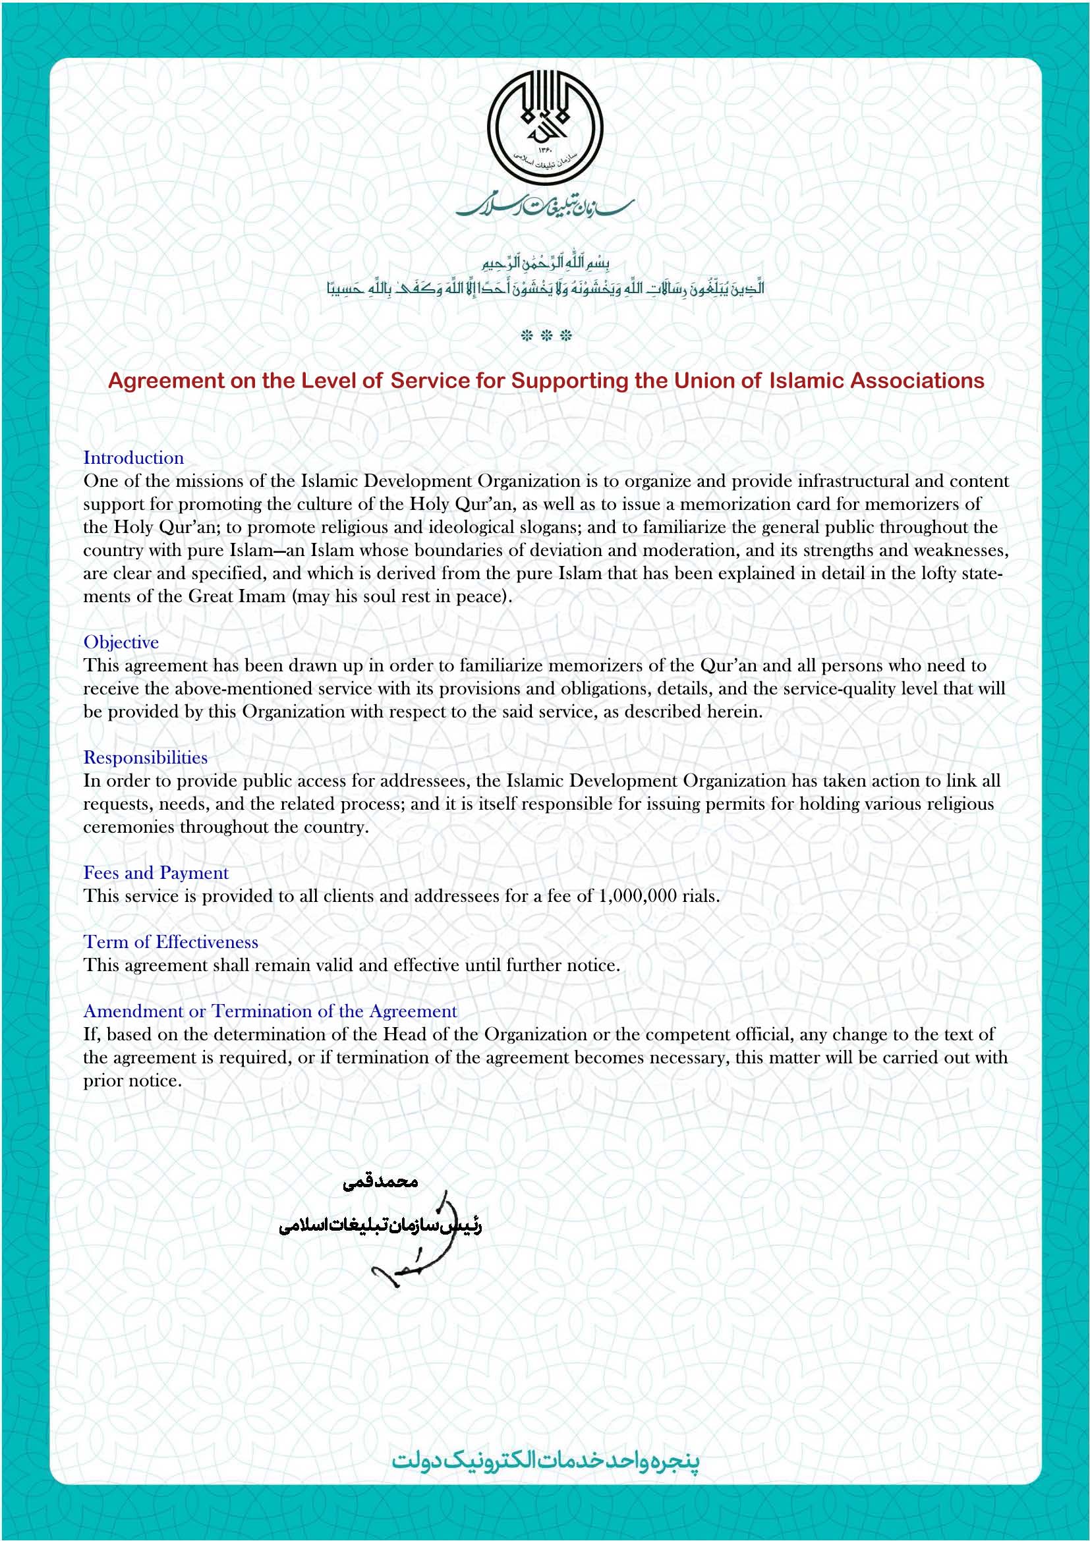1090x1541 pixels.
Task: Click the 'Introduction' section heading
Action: [133, 458]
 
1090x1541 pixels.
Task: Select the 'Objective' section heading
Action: [121, 642]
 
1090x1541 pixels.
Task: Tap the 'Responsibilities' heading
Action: [145, 758]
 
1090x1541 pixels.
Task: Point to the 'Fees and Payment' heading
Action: [156, 872]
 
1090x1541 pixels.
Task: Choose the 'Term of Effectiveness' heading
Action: [171, 941]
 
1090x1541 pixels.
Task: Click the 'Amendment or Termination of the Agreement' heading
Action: [270, 1011]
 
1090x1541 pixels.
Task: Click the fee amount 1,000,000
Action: [637, 896]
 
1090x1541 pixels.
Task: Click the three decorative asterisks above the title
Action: [546, 335]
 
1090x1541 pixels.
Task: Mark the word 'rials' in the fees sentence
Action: [699, 896]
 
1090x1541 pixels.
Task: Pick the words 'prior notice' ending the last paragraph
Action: [132, 1080]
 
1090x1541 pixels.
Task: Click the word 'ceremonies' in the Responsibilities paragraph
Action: [129, 827]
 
